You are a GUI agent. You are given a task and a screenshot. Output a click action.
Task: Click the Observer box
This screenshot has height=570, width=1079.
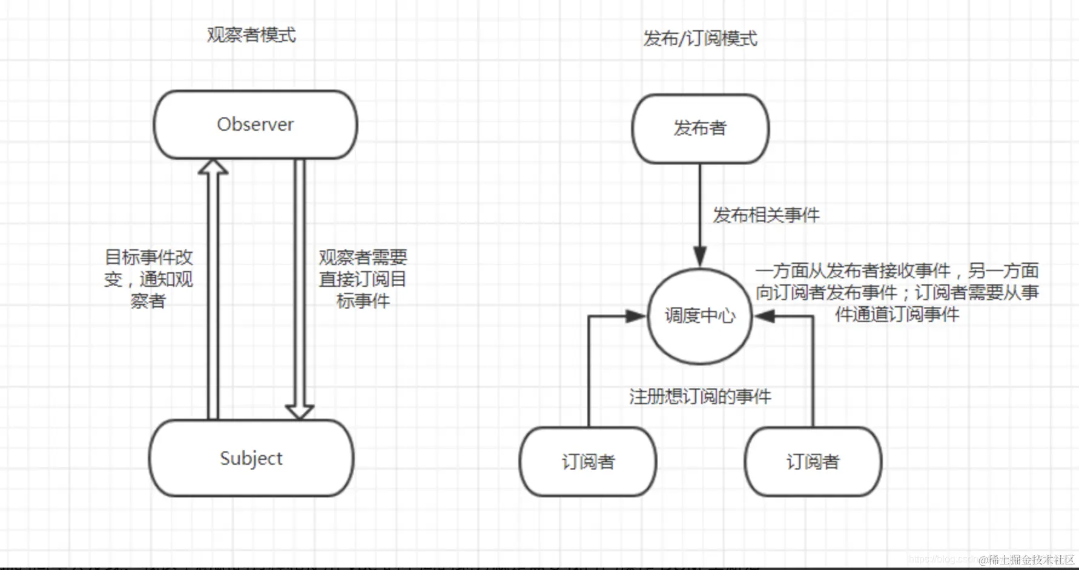pos(255,125)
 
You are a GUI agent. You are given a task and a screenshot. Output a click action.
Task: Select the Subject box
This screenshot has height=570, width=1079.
pos(251,458)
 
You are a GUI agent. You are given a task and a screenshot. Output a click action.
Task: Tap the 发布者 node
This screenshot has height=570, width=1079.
pos(700,128)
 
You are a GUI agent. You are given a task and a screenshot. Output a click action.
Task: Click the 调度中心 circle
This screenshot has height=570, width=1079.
pos(700,315)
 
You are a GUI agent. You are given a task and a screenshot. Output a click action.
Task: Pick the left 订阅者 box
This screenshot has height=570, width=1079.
pos(587,462)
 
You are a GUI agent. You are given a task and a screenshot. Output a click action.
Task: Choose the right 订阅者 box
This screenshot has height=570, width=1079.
pos(813,462)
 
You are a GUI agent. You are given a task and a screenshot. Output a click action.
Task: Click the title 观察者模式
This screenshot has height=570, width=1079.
pos(251,35)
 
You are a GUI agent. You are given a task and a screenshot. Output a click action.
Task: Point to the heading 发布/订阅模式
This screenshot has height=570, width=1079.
pos(700,39)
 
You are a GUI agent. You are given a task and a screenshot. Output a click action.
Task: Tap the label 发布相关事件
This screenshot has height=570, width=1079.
pos(766,215)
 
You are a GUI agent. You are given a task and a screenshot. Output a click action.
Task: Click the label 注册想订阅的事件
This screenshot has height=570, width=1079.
pos(700,397)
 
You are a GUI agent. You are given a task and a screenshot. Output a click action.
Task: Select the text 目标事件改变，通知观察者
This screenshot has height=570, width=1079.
pos(148,279)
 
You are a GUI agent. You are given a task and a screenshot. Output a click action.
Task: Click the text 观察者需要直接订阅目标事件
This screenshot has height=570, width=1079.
pos(363,279)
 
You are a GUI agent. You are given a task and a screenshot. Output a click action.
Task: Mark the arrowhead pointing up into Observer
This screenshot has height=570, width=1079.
pos(213,166)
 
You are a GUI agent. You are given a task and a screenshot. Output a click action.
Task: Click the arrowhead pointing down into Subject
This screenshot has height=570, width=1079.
pos(299,411)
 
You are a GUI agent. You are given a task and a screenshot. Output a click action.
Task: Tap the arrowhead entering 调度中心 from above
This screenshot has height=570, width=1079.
pos(700,257)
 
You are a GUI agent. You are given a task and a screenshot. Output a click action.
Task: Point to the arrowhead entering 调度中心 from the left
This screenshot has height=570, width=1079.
pos(636,315)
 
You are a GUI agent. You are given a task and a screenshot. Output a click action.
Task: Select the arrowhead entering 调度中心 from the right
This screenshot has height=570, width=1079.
pos(765,315)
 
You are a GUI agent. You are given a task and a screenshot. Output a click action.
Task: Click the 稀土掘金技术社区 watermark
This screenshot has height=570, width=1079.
pos(1026,560)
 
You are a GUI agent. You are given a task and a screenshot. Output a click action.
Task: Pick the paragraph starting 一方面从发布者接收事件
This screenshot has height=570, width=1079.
pos(897,292)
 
